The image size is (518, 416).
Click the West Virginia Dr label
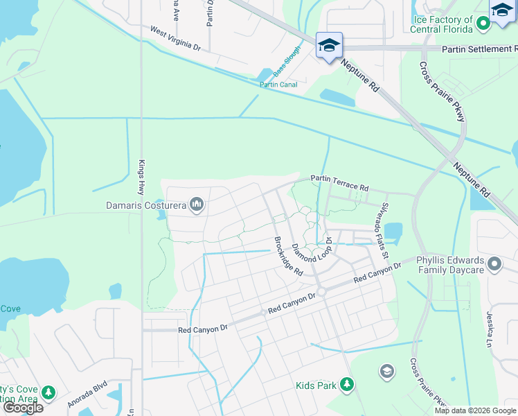click(175, 38)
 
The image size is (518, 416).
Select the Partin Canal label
click(278, 85)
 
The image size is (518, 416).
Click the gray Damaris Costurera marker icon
click(197, 205)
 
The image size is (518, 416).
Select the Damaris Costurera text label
click(146, 205)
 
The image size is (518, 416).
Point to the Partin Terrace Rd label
click(339, 182)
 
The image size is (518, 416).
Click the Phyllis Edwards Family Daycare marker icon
click(494, 263)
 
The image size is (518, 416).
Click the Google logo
click(23, 408)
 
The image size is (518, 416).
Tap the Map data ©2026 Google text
click(475, 410)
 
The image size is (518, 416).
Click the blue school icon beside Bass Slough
click(328, 46)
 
